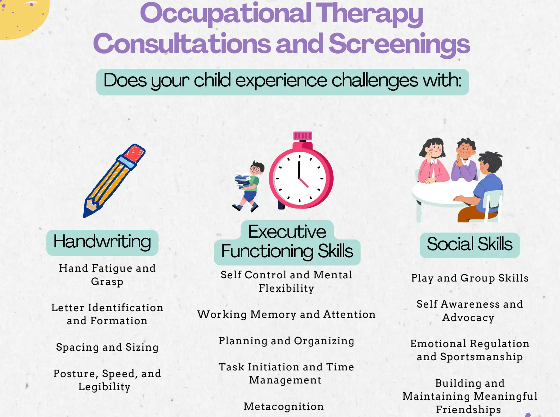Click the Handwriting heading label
[102, 242]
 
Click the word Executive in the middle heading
[287, 232]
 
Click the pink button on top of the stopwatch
[303, 135]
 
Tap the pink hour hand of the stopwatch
[303, 182]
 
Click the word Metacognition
[284, 406]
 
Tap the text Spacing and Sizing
[107, 347]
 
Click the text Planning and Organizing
[286, 341]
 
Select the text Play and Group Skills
[470, 278]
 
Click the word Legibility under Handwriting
[105, 387]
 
